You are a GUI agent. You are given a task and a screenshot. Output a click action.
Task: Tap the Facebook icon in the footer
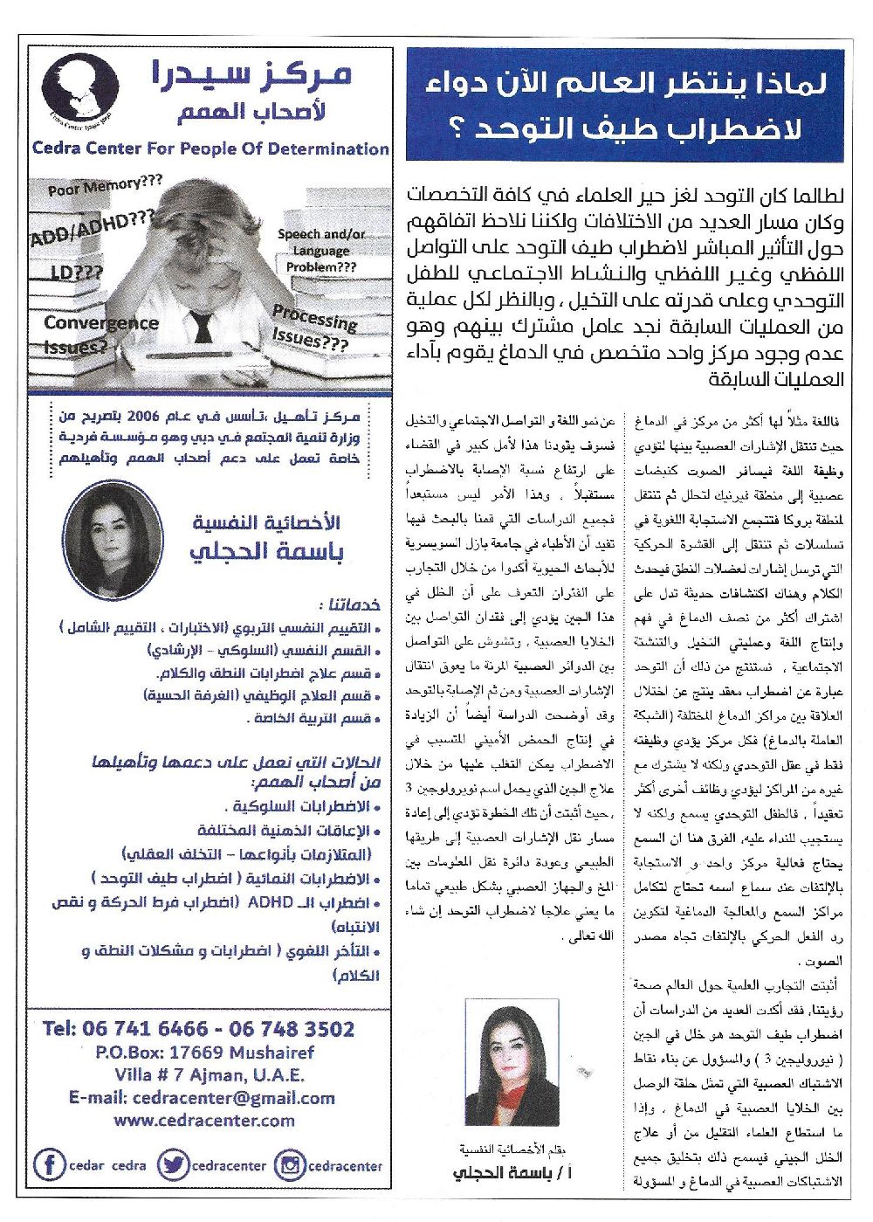(x=50, y=1164)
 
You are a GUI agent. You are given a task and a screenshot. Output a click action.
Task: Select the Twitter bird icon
(x=175, y=1164)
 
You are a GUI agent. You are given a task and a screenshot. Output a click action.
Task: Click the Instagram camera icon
(x=290, y=1164)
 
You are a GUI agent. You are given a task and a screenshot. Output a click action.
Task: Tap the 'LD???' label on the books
(x=74, y=274)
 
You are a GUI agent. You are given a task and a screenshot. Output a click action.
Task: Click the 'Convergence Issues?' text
(x=100, y=334)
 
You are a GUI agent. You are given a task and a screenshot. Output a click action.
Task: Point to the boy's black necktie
(x=203, y=325)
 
